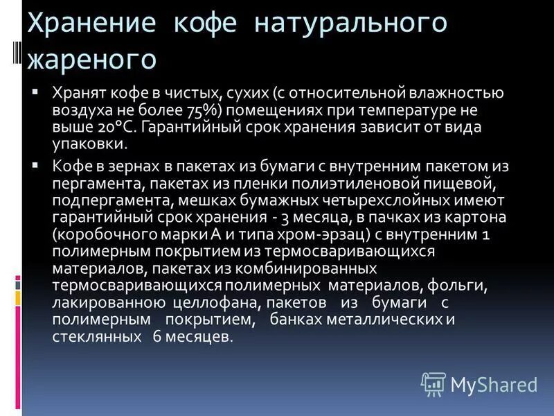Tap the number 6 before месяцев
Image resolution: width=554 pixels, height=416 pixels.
click(158, 337)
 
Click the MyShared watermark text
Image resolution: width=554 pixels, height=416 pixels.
click(494, 384)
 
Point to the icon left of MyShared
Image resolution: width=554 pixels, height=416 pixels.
click(433, 383)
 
